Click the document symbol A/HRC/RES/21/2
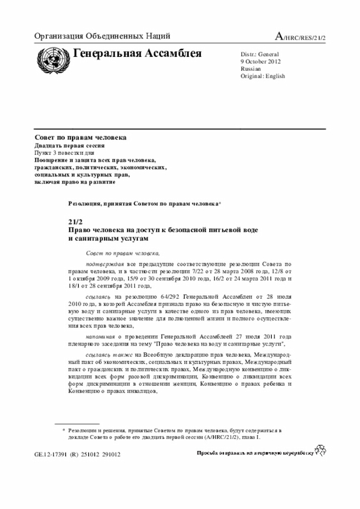[299, 37]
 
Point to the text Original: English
[263, 76]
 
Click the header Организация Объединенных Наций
[102, 37]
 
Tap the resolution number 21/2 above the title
[75, 223]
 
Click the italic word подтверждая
[105, 263]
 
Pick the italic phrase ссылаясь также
[109, 355]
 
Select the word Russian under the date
[250, 68]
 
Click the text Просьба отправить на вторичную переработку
[254, 453]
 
